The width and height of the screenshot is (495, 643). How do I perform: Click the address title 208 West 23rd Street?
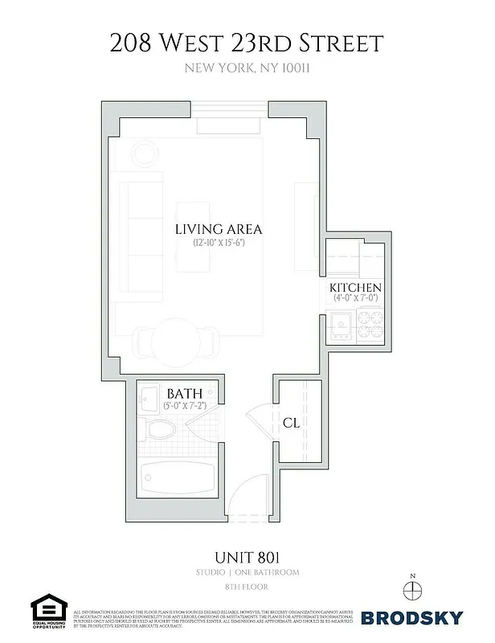247,42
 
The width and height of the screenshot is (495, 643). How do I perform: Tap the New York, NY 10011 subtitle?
247,68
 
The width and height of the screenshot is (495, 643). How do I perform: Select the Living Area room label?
219,229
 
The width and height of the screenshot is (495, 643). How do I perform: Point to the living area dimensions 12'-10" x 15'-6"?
219,243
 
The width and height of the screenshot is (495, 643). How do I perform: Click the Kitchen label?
355,288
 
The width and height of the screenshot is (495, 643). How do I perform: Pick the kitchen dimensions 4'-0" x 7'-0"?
355,299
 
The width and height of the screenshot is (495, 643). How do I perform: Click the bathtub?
172,478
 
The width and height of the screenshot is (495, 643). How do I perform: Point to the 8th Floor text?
247,588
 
